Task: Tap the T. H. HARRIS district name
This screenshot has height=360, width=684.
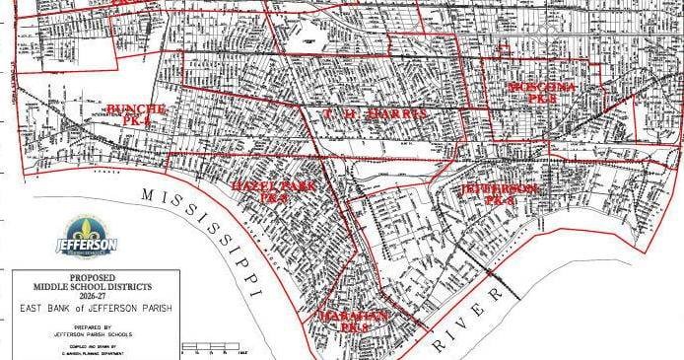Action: point(376,115)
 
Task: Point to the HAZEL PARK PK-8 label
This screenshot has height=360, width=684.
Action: point(258,191)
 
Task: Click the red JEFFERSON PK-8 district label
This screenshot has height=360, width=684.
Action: point(500,192)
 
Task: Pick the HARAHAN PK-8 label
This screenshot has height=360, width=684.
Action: point(350,321)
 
